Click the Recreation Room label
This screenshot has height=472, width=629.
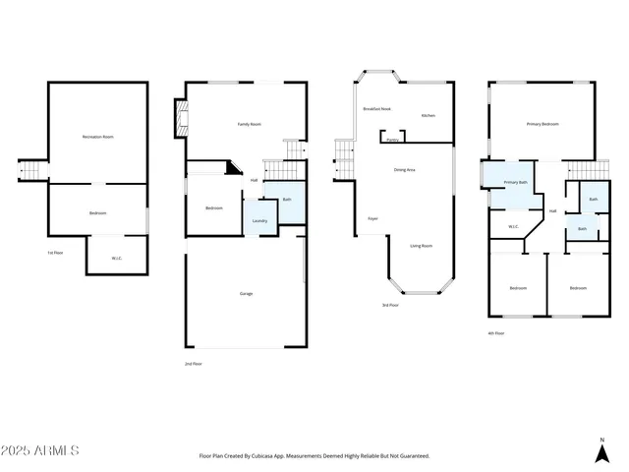pyautogui.click(x=98, y=137)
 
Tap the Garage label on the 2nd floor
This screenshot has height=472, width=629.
pyautogui.click(x=247, y=294)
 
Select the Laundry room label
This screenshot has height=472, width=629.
pyautogui.click(x=260, y=221)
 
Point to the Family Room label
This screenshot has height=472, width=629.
pyautogui.click(x=250, y=125)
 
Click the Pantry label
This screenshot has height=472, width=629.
pyautogui.click(x=392, y=141)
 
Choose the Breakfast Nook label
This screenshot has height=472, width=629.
pyautogui.click(x=378, y=108)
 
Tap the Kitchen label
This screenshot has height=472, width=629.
pyautogui.click(x=429, y=116)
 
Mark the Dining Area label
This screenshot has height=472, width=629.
pyautogui.click(x=404, y=170)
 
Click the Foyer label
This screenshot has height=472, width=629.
pyautogui.click(x=372, y=218)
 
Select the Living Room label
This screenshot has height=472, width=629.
pyautogui.click(x=421, y=246)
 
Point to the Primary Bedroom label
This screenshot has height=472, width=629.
pyautogui.click(x=543, y=125)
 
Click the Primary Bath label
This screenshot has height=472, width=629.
pyautogui.click(x=517, y=183)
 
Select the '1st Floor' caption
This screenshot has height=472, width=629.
pyautogui.click(x=56, y=254)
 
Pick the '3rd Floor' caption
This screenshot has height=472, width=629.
pyautogui.click(x=390, y=306)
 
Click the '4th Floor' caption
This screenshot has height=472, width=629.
pyautogui.click(x=496, y=333)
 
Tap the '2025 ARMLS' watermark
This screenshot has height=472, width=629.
pyautogui.click(x=41, y=450)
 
